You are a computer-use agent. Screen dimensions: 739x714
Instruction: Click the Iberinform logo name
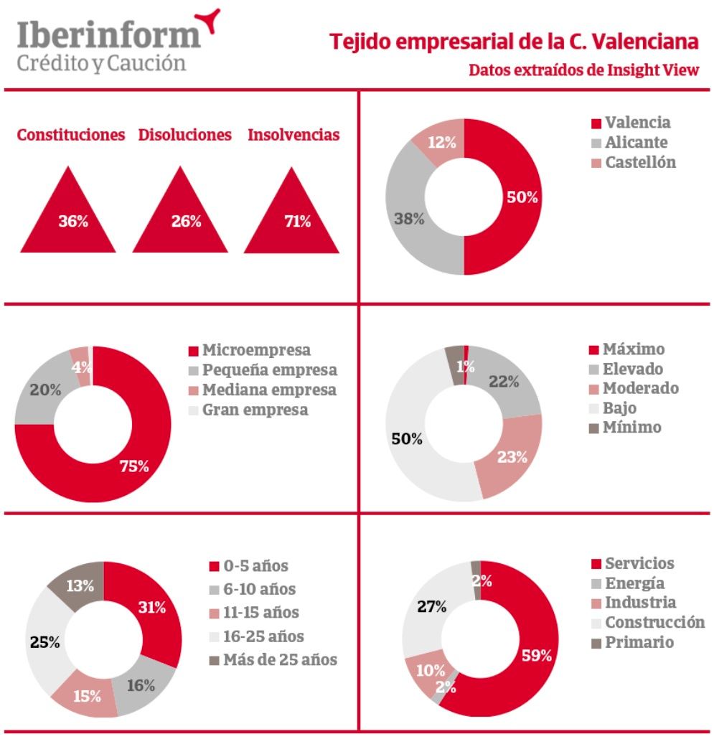108,33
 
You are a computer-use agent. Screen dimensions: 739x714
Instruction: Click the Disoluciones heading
185,135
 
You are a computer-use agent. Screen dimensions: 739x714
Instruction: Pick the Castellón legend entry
639,162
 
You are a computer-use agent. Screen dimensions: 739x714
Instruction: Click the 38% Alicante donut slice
409,219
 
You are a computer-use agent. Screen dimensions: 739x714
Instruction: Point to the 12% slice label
442,142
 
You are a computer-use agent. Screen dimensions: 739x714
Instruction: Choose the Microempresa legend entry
256,350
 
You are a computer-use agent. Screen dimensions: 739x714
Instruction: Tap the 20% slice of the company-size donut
45,390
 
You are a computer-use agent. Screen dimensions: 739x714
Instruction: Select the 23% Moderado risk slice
512,456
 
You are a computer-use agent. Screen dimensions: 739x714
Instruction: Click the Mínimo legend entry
631,428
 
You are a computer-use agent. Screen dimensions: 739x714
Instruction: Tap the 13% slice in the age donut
80,585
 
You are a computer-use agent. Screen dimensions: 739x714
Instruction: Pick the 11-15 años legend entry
260,613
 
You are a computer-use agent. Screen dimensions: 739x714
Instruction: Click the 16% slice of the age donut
140,685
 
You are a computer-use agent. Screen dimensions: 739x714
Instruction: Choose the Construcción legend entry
654,622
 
